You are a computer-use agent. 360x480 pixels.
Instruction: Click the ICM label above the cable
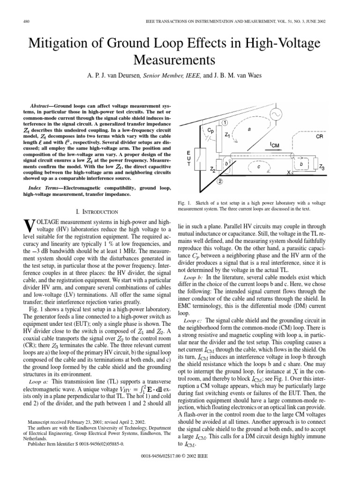[x=275, y=145]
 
